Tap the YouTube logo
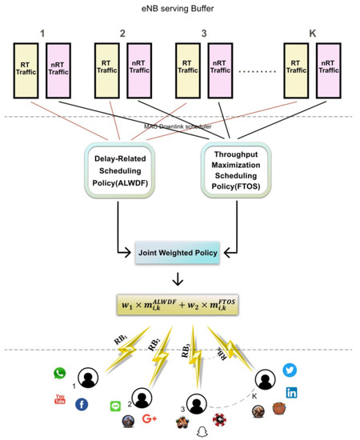tap(59, 399)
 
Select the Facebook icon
tap(81, 405)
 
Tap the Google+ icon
tap(148, 419)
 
